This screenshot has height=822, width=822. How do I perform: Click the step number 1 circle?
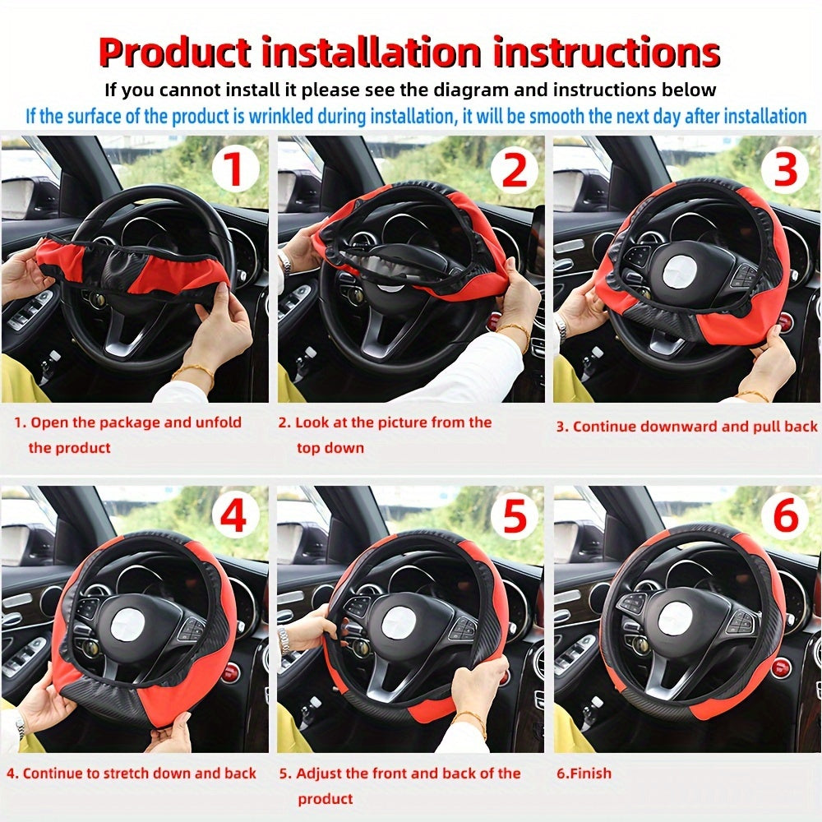[x=235, y=170]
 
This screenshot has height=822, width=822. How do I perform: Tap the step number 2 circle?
[x=514, y=170]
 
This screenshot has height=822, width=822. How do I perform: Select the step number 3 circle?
[x=786, y=170]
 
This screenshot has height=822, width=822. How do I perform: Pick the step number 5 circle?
[x=514, y=518]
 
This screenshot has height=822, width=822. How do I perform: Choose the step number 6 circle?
[x=786, y=518]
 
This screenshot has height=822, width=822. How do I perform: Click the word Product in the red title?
[x=174, y=53]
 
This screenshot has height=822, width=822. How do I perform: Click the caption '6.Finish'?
[x=584, y=774]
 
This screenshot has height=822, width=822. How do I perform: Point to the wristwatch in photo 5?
[x=284, y=638]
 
